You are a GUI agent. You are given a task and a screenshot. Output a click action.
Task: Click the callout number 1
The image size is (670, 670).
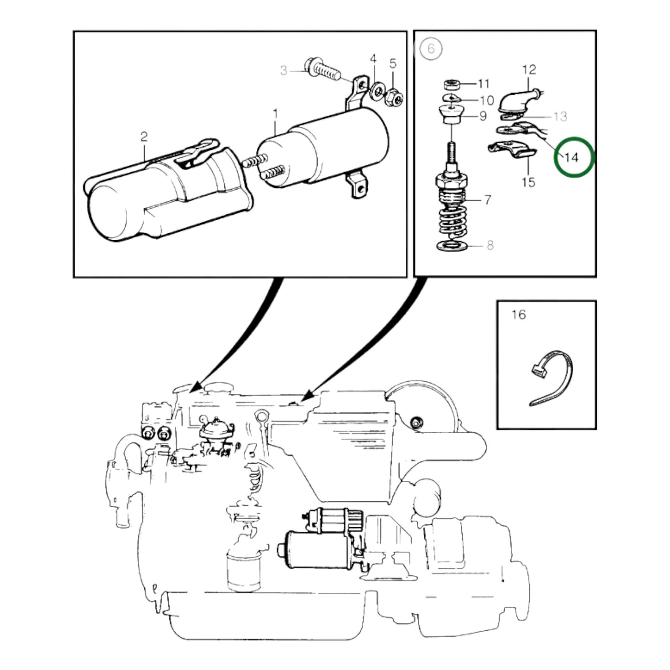click(275, 114)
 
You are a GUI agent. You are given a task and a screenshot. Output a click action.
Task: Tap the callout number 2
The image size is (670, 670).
click(144, 137)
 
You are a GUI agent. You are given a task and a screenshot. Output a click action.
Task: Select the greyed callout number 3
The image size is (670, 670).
click(284, 71)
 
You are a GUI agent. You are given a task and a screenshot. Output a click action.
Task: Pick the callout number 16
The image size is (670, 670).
click(518, 315)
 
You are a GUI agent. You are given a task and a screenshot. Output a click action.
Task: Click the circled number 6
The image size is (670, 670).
click(431, 49)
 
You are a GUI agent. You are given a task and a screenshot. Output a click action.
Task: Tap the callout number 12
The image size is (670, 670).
click(529, 70)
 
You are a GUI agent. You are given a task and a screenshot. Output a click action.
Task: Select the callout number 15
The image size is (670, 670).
click(529, 182)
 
